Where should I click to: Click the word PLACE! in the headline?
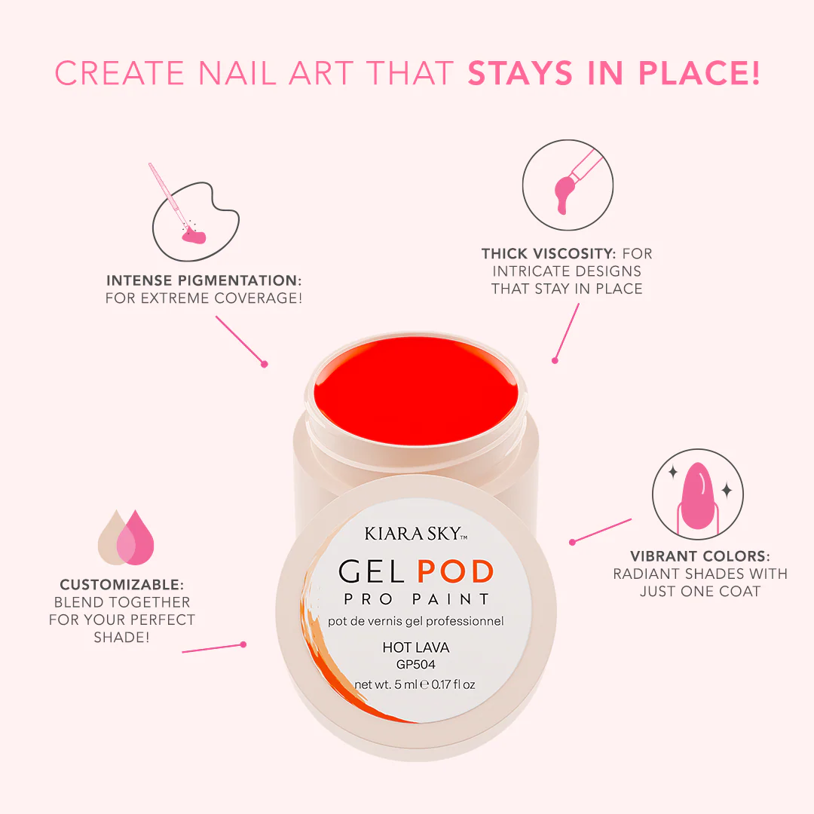(699, 72)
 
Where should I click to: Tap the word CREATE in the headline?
(120, 72)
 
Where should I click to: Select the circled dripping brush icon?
(568, 185)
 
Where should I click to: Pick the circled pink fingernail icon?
(698, 494)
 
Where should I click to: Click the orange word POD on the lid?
(455, 572)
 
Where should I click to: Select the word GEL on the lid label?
(371, 572)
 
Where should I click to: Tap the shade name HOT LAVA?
(416, 647)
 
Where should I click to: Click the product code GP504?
(416, 665)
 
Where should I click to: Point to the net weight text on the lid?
(415, 684)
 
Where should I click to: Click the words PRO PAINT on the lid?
(416, 600)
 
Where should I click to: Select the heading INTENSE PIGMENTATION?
(204, 280)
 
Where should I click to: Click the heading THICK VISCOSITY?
(548, 253)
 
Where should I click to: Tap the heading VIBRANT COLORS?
(700, 556)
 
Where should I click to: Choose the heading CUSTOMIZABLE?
(122, 585)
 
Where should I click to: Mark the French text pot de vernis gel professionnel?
(416, 621)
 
